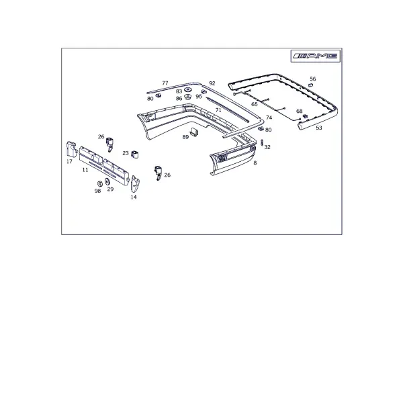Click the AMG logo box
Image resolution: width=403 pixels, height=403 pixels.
[x=316, y=56]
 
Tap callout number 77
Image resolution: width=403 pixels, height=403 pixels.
[x=165, y=83]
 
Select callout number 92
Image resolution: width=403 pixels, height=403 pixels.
[x=212, y=83]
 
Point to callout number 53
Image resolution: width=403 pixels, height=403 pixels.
[x=318, y=128]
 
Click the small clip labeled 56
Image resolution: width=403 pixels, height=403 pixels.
[x=311, y=85]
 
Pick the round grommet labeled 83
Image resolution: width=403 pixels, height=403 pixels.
[x=188, y=90]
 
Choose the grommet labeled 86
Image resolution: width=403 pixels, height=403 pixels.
[x=188, y=97]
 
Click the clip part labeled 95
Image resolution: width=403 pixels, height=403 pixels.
[x=204, y=92]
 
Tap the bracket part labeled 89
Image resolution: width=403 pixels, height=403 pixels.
[x=195, y=132]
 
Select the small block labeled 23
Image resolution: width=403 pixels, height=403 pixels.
[x=135, y=154]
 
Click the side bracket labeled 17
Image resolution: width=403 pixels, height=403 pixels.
[x=72, y=149]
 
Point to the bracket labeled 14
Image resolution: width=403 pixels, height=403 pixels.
[x=135, y=184]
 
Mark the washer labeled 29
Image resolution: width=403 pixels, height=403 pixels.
[x=107, y=182]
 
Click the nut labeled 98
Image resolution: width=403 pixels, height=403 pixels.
[x=100, y=184]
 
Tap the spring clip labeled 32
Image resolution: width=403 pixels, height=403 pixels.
[x=262, y=142]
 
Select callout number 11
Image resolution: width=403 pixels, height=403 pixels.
[x=85, y=170]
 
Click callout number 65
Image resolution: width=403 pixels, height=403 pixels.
[x=254, y=104]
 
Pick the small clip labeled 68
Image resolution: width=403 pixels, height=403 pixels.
[x=306, y=116]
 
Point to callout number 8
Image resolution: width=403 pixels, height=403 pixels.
[x=255, y=163]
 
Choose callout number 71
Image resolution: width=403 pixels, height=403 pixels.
[x=218, y=110]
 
